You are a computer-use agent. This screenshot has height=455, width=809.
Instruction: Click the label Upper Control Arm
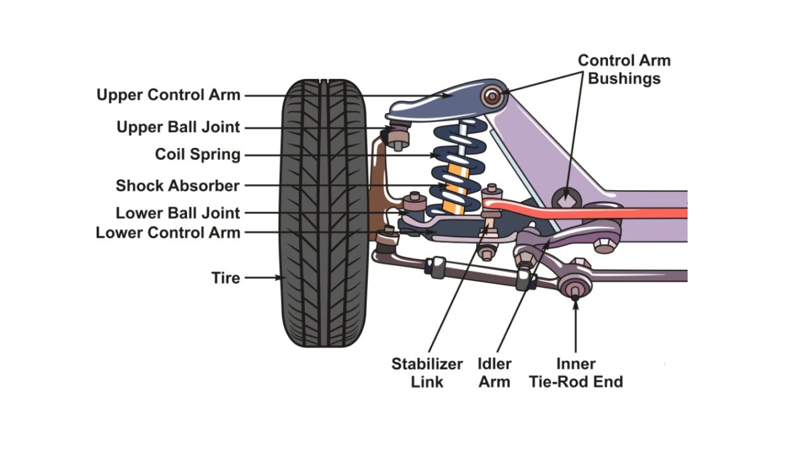pos(168,95)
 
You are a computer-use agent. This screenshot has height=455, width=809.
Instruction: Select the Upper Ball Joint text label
pos(178,127)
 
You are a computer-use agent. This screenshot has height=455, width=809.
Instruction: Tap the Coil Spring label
pos(197,155)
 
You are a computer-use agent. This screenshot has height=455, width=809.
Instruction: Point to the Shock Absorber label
pos(178,186)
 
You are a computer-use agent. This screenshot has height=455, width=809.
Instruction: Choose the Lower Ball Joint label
pos(178,213)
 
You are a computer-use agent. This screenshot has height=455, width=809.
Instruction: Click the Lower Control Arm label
pos(168,233)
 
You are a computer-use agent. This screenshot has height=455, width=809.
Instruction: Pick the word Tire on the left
pos(226,278)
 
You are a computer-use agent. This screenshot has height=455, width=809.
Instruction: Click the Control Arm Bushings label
pos(624,70)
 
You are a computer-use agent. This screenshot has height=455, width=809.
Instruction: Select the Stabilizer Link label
pos(427,373)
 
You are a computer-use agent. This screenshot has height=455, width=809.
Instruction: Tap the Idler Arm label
pos(494,373)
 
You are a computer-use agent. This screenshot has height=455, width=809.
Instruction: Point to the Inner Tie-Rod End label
pos(576,373)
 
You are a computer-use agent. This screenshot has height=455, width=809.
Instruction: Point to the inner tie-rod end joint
pos(575,288)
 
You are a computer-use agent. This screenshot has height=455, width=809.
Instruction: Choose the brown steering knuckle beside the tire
pos(378,183)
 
